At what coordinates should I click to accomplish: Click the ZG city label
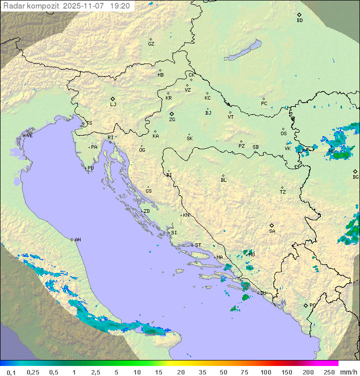[172, 120]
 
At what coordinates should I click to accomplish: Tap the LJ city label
[113, 105]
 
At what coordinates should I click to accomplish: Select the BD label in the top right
[299, 21]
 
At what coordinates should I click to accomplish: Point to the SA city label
[272, 231]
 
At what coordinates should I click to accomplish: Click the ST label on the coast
[198, 245]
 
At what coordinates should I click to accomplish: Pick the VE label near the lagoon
[29, 136]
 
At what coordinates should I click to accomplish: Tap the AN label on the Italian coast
[77, 240]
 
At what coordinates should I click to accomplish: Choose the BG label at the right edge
[355, 177]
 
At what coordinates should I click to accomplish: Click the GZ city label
[151, 44]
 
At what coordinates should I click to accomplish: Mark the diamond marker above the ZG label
[171, 114]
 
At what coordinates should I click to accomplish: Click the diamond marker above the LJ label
[113, 99]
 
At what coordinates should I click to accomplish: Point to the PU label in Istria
[90, 168]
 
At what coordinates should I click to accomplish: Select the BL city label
[223, 180]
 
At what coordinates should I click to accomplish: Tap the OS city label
[283, 134]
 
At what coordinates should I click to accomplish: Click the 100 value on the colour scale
[265, 372]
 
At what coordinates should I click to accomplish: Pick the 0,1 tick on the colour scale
[11, 372]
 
